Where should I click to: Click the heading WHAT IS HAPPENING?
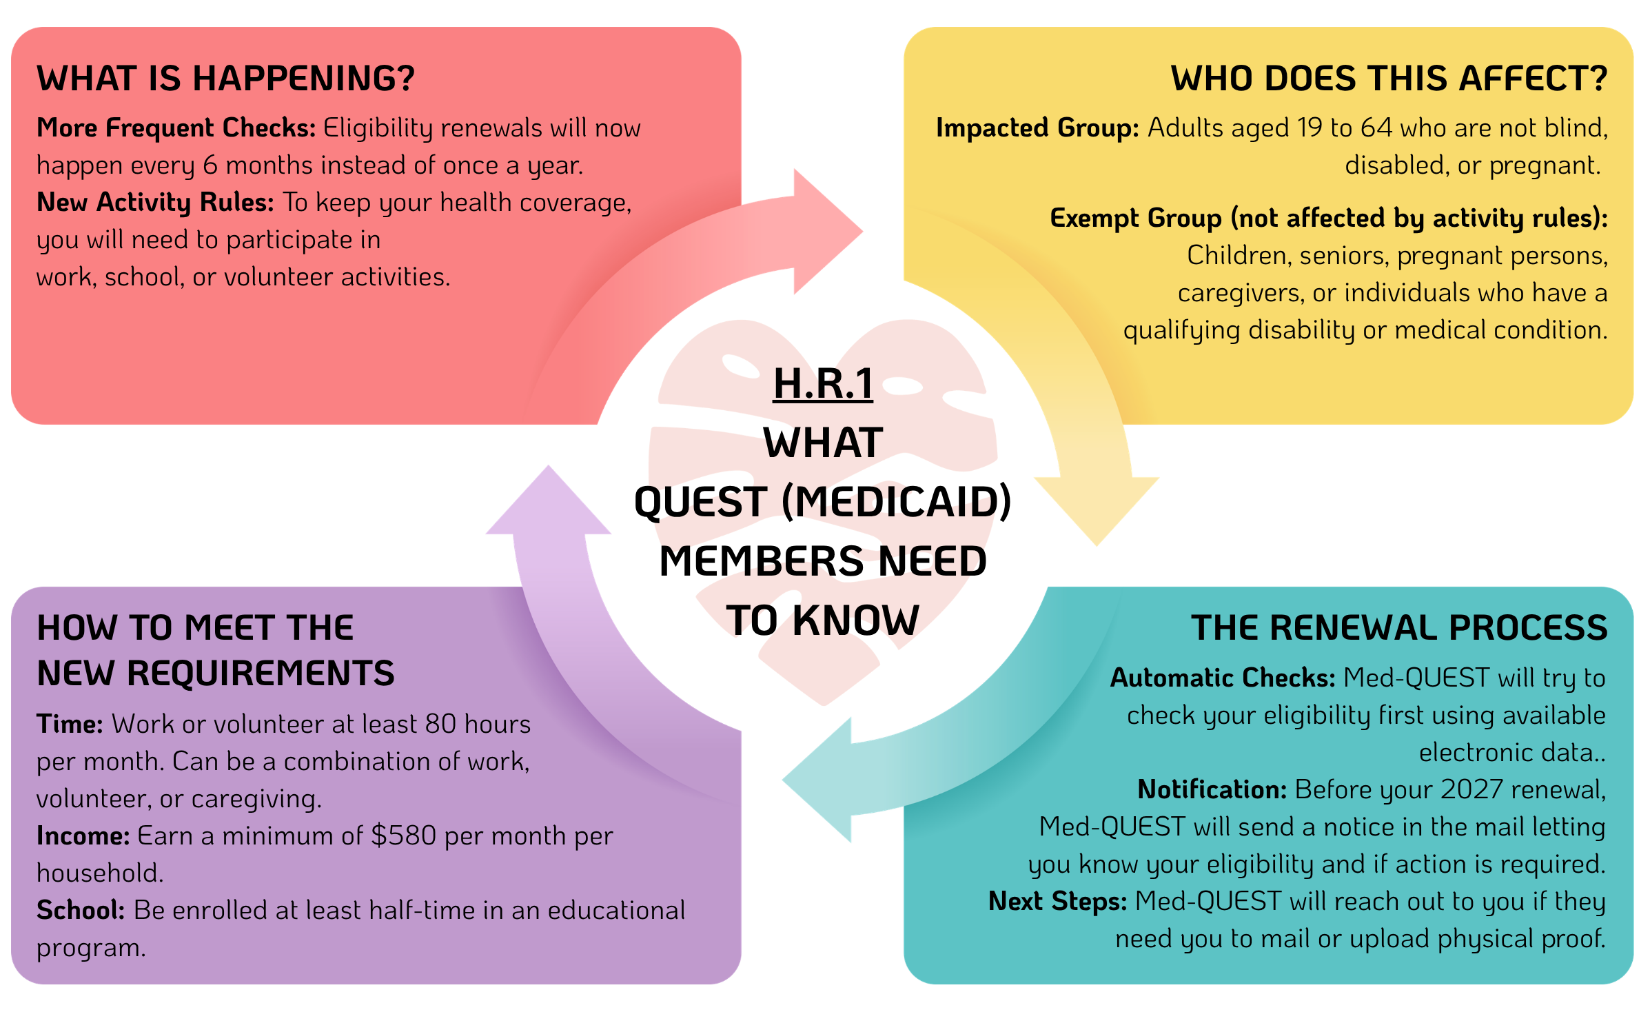click(x=225, y=78)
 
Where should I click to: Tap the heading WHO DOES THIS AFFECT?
click(x=1389, y=78)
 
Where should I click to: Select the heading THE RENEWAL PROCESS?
click(x=1399, y=627)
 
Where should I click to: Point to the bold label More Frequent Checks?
click(x=176, y=128)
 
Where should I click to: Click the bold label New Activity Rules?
click(x=155, y=202)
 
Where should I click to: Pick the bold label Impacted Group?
click(x=1037, y=128)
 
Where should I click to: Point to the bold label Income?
click(x=83, y=836)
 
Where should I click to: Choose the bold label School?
click(x=81, y=910)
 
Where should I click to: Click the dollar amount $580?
click(x=404, y=836)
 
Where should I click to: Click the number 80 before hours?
click(x=440, y=724)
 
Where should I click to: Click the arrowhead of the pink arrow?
click(x=828, y=232)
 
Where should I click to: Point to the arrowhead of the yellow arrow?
click(x=1097, y=511)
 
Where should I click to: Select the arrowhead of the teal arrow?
click(x=817, y=780)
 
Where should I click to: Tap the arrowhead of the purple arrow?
click(x=549, y=500)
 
